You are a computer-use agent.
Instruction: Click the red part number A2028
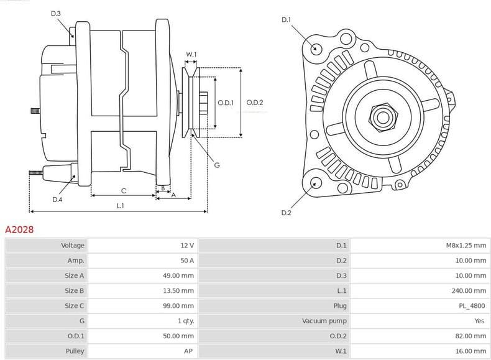coord(19,229)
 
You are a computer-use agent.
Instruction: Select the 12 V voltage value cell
coord(187,246)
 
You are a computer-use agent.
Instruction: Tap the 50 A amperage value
coord(187,261)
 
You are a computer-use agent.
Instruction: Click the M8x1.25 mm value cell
coord(466,246)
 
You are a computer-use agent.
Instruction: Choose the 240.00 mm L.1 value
coord(470,290)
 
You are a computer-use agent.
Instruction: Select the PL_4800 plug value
coord(474,306)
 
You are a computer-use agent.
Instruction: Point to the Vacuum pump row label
coord(324,321)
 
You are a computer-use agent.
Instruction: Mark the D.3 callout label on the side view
coord(56,14)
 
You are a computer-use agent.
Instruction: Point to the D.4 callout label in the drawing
coord(57,200)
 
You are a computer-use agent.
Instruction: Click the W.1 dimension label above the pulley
coord(191,55)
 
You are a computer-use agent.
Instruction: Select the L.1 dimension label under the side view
coord(120,205)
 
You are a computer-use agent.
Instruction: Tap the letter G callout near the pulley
coord(216,165)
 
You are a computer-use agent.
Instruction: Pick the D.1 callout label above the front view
coord(286,20)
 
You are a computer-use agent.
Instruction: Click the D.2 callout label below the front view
coord(286,213)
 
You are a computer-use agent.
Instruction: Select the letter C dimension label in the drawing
coord(123,190)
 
